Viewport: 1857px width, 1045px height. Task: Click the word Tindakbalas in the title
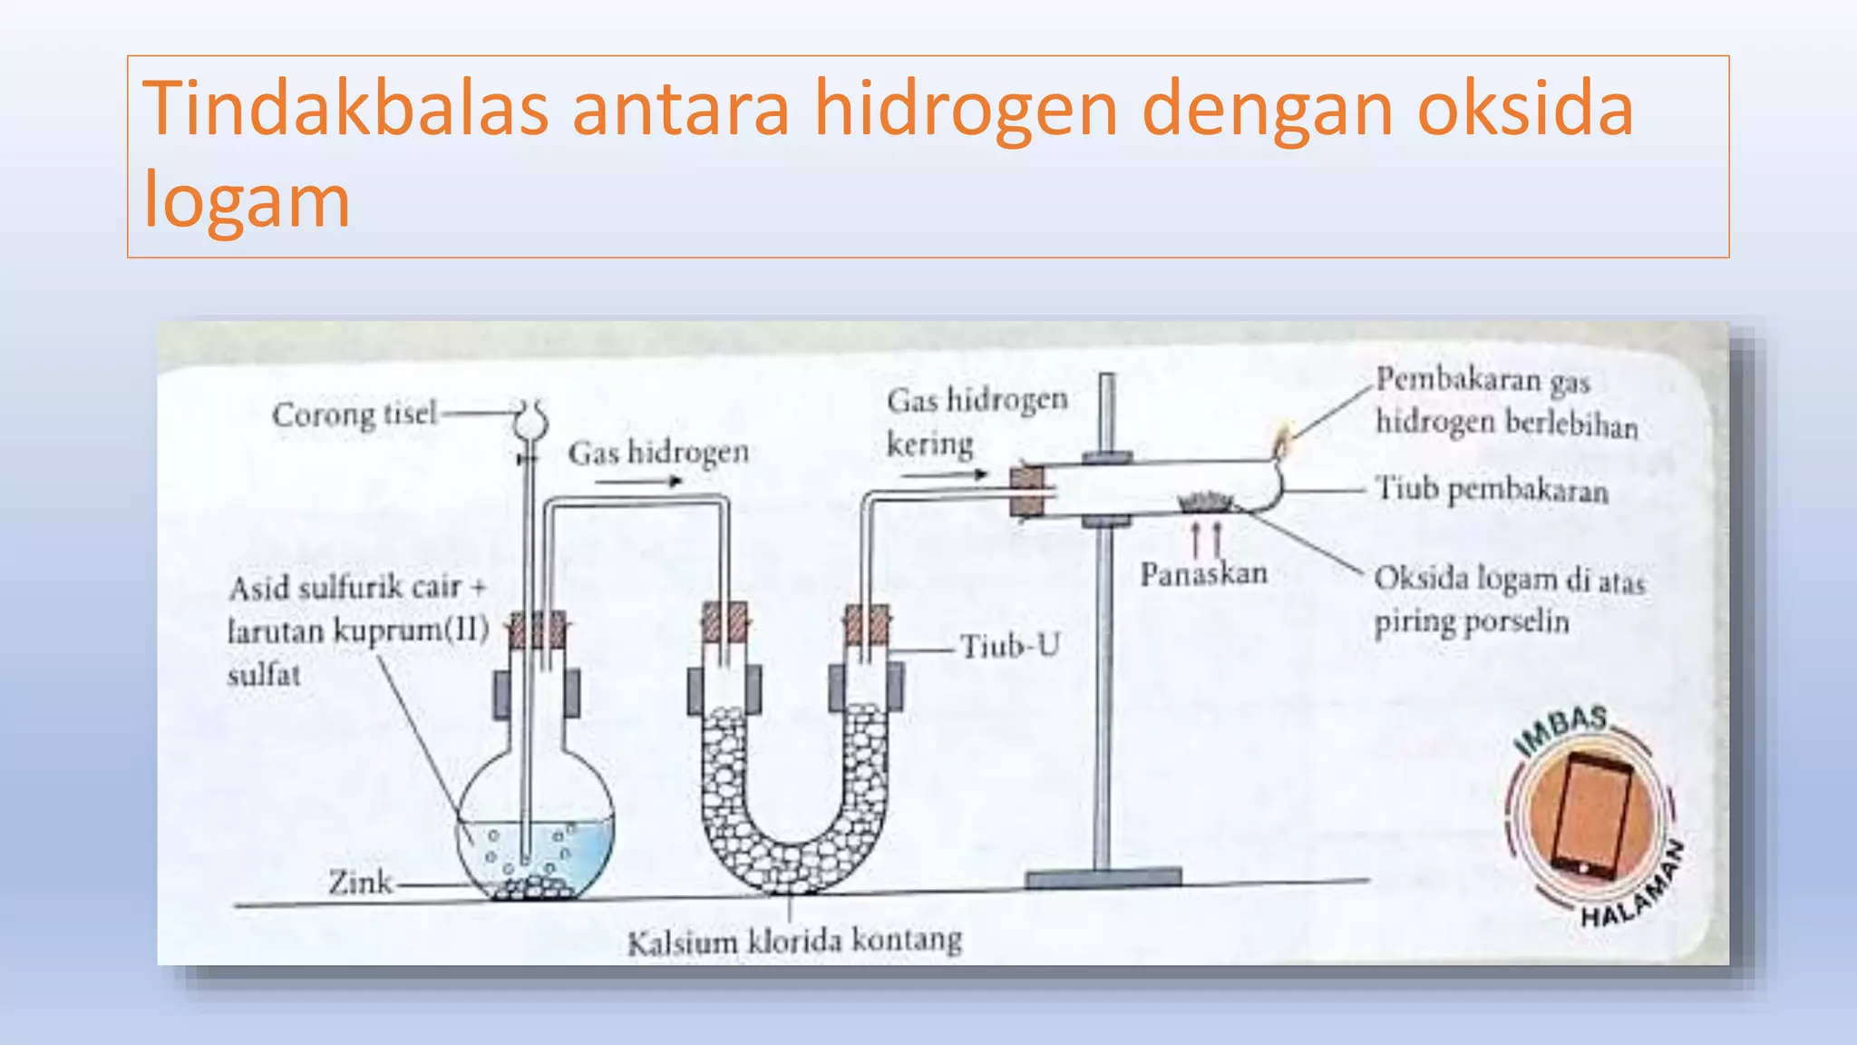(x=345, y=109)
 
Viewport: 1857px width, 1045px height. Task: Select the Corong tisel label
(x=354, y=415)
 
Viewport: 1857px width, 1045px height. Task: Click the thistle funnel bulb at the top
(x=530, y=418)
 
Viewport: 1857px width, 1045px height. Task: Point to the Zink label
(x=360, y=883)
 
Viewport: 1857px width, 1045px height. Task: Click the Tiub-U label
(x=1009, y=647)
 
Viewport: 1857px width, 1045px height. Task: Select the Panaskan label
(x=1203, y=574)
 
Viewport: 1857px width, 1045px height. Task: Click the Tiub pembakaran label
(x=1492, y=491)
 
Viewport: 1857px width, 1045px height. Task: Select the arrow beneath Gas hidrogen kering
(x=943, y=474)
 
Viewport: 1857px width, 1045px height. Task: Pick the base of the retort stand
(x=1104, y=877)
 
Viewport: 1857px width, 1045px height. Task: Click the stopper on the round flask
(x=537, y=630)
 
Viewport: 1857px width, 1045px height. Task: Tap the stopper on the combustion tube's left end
(x=1026, y=491)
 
